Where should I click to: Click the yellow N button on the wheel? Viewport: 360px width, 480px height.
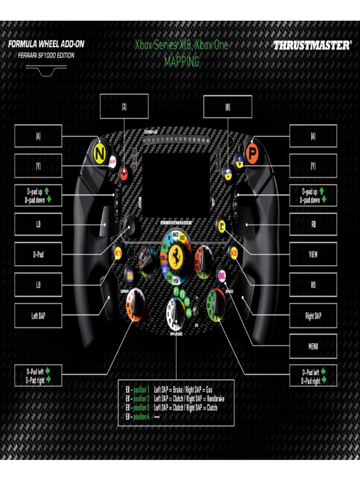99,153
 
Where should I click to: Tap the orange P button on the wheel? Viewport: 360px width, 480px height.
251,154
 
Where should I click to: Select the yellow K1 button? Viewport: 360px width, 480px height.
118,253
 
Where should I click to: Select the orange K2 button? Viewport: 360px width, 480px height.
233,253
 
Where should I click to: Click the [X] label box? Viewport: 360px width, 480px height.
124,106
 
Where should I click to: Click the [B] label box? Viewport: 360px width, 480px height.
228,106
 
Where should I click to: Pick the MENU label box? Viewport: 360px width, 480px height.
313,346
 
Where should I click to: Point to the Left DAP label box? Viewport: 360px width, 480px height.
38,316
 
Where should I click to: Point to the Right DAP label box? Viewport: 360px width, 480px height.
313,316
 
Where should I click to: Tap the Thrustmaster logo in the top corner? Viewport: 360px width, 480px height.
312,46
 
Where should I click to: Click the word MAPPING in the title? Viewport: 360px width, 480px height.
182,61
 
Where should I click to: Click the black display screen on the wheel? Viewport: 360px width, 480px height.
175,186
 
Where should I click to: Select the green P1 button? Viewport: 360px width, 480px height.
176,291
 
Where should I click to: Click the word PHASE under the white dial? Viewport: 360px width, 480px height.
176,334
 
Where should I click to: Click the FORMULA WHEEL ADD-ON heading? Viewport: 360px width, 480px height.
46,45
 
